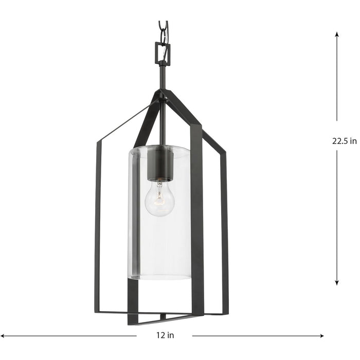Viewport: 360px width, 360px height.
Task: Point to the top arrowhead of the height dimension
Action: point(337,34)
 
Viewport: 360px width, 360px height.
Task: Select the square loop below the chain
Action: point(163,50)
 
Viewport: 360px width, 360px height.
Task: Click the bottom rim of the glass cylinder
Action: point(159,278)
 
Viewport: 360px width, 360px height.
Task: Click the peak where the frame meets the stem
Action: point(163,93)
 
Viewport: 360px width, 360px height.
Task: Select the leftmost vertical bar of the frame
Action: point(97,226)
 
